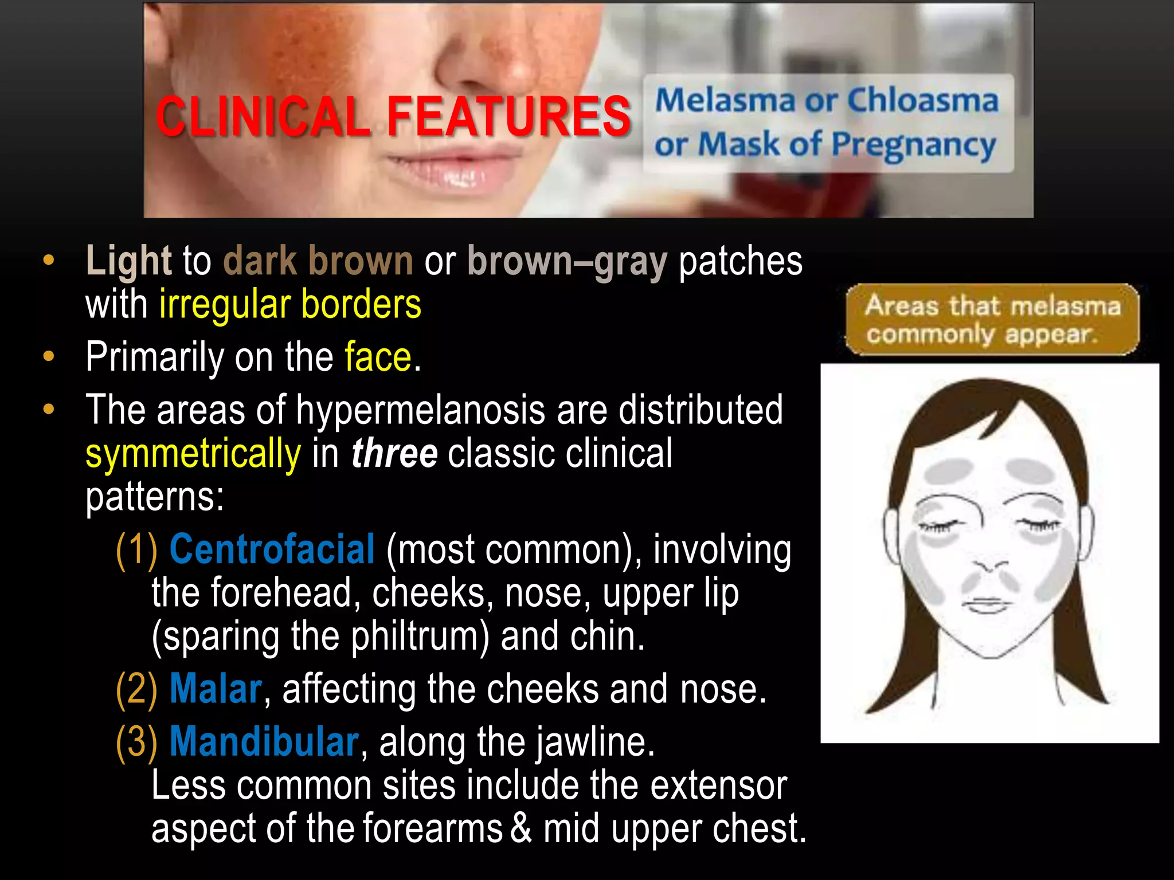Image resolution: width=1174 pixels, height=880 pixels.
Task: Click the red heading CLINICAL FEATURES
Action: click(393, 116)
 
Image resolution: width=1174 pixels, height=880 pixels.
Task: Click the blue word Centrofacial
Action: click(272, 549)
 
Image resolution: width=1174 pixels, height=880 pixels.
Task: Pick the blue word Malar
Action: click(216, 689)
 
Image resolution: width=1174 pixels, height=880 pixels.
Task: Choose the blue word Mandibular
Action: click(264, 742)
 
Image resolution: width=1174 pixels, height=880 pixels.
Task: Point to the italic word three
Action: click(394, 453)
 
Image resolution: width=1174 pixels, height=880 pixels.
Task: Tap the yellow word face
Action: click(378, 357)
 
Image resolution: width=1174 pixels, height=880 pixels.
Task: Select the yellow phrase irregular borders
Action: click(290, 304)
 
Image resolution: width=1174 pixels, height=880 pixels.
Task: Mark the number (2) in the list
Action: click(136, 689)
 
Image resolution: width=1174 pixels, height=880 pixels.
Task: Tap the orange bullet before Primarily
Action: click(49, 357)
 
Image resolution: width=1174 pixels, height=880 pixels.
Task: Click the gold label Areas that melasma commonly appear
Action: click(992, 319)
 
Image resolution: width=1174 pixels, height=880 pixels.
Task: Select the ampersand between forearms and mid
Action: click(521, 828)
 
